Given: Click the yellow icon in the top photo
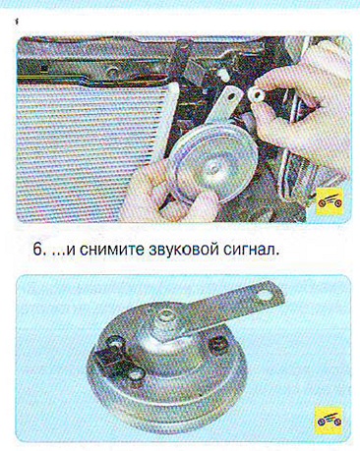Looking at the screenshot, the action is pyautogui.click(x=330, y=201).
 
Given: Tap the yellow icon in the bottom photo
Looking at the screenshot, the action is pyautogui.click(x=329, y=421).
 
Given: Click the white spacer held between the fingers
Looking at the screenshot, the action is pyautogui.click(x=256, y=95).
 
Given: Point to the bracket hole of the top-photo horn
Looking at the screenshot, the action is pyautogui.click(x=233, y=97).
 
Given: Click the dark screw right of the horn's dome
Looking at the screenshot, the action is pyautogui.click(x=218, y=344).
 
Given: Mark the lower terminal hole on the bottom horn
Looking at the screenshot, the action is pyautogui.click(x=137, y=374).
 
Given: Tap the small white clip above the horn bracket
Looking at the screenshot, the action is pyautogui.click(x=224, y=75).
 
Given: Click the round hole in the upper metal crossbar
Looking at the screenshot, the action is pyautogui.click(x=112, y=72).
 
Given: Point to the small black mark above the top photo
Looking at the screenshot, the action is pyautogui.click(x=16, y=23).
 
